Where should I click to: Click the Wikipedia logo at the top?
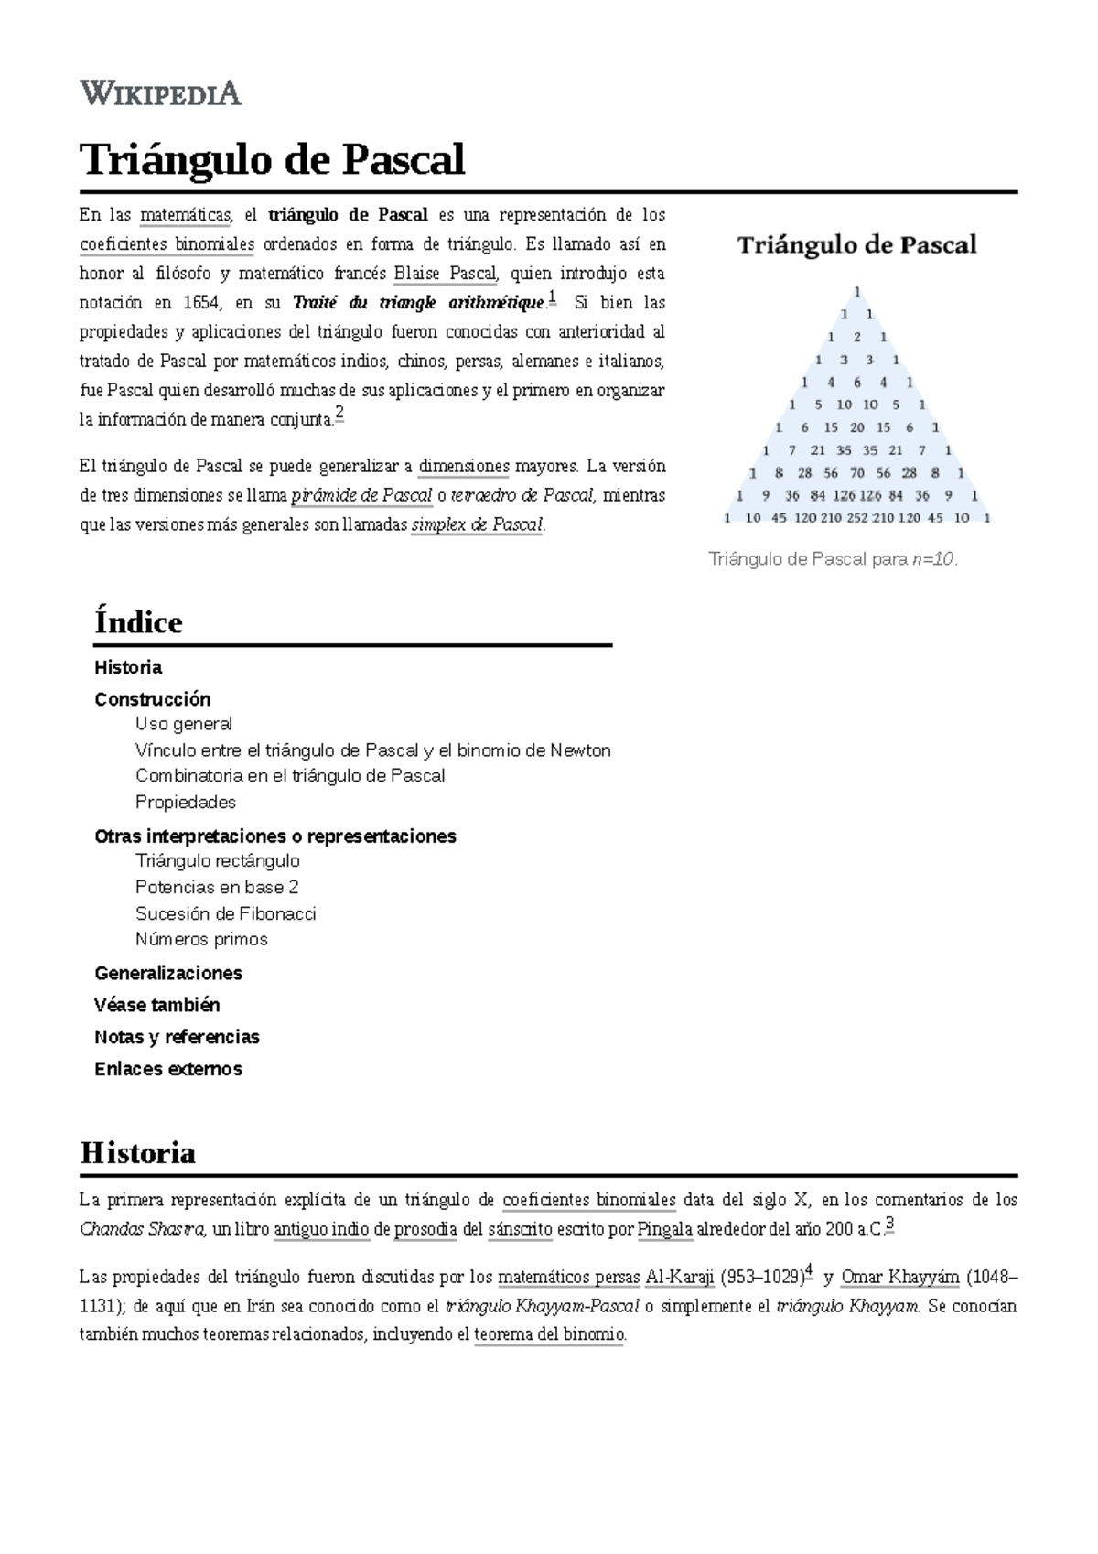pos(160,92)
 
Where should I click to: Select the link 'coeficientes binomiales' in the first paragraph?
pos(167,244)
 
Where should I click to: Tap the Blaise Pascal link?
pos(445,274)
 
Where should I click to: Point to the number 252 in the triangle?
pos(857,518)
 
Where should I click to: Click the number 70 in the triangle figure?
pos(857,473)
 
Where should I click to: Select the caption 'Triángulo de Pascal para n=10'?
pos(833,559)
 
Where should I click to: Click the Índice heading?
pos(138,622)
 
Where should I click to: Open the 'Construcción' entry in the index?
pos(152,699)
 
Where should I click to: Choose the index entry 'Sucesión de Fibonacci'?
pos(225,913)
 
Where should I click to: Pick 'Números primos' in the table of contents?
pos(201,939)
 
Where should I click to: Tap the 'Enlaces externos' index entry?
pos(167,1069)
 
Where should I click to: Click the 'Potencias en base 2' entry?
pos(217,887)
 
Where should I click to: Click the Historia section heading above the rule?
pos(137,1152)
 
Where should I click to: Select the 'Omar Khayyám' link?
pos(899,1278)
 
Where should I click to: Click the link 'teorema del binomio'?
pos(549,1335)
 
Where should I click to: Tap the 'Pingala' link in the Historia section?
pos(664,1229)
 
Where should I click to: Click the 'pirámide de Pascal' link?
pos(361,496)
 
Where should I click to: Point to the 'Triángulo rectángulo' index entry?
pos(217,860)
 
